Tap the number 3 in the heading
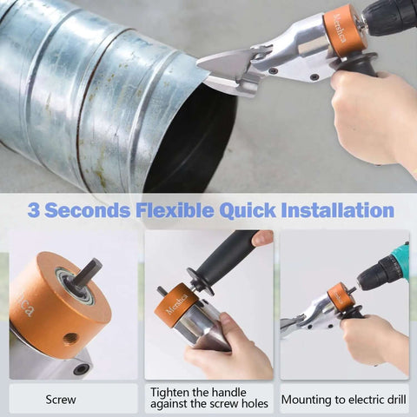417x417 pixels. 35,209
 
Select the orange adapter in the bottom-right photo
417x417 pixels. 342,298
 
